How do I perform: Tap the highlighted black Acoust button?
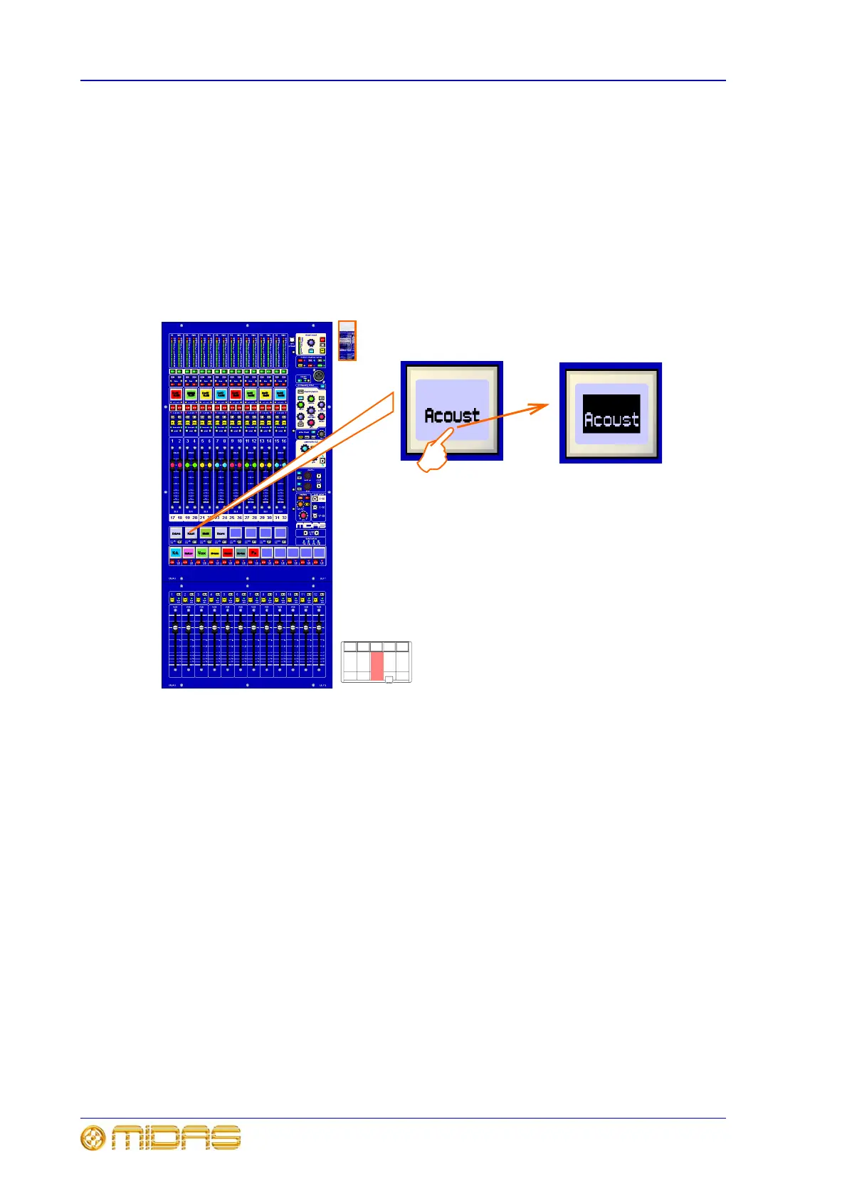pyautogui.click(x=611, y=414)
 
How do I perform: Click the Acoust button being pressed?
pyautogui.click(x=452, y=410)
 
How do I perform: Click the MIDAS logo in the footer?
pyautogui.click(x=162, y=1138)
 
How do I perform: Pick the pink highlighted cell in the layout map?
pyautogui.click(x=377, y=665)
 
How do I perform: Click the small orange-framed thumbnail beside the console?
pyautogui.click(x=347, y=340)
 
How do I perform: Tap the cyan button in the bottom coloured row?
pyautogui.click(x=175, y=553)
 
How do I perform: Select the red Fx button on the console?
pyautogui.click(x=253, y=553)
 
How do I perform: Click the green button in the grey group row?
pyautogui.click(x=206, y=533)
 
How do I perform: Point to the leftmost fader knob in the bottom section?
pyautogui.click(x=175, y=628)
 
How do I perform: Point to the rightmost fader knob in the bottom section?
pyautogui.click(x=319, y=628)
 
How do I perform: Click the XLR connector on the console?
pyautogui.click(x=319, y=376)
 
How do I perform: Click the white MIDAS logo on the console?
pyautogui.click(x=311, y=525)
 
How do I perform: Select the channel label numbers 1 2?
pyautogui.click(x=176, y=441)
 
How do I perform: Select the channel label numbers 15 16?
pyautogui.click(x=280, y=441)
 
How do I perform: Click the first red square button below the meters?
pyautogui.click(x=176, y=393)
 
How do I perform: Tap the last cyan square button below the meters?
pyautogui.click(x=280, y=393)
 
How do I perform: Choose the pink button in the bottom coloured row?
pyautogui.click(x=189, y=553)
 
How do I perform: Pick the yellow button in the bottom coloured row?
pyautogui.click(x=214, y=553)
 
